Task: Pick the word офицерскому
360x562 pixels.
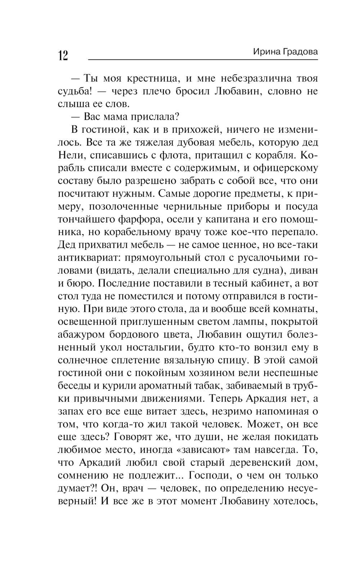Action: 284,168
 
